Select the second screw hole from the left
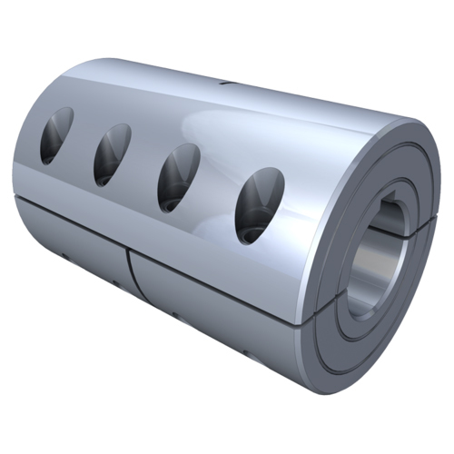(x=112, y=153)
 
